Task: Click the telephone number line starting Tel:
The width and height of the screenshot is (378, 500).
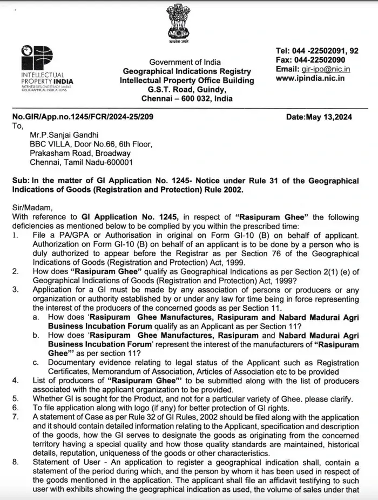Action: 317,51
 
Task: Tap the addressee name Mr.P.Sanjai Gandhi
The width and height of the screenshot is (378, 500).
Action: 65,135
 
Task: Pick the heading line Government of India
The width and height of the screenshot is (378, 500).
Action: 185,62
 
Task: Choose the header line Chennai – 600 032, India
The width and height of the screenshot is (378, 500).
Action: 187,99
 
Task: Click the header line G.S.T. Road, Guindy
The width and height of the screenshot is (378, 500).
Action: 186,90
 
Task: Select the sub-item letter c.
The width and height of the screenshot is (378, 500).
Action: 35,362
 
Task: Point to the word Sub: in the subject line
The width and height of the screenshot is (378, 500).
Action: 21,180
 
